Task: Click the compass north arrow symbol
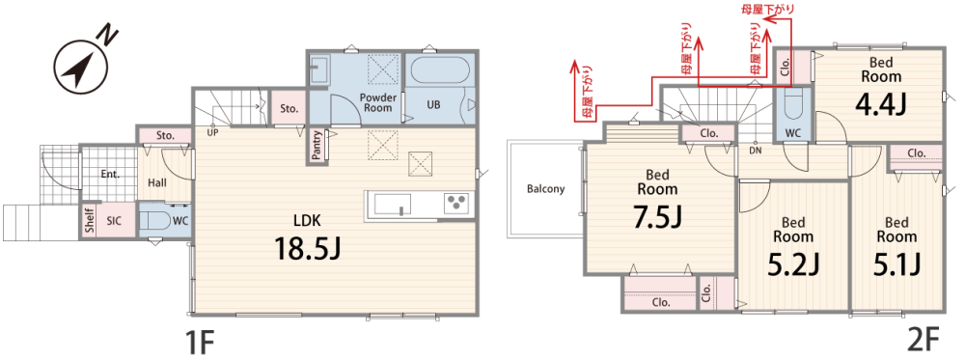click(79, 66)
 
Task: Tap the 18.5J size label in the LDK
click(308, 249)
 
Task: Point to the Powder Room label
click(377, 102)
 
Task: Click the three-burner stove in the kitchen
click(456, 203)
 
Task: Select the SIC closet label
click(114, 220)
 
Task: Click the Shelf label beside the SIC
click(90, 220)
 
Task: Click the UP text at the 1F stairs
click(212, 131)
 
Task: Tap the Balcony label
click(545, 189)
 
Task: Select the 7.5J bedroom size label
click(656, 217)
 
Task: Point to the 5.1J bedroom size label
click(896, 264)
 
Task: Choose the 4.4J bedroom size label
click(880, 104)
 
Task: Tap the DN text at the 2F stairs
click(756, 151)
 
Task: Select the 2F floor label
click(923, 341)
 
